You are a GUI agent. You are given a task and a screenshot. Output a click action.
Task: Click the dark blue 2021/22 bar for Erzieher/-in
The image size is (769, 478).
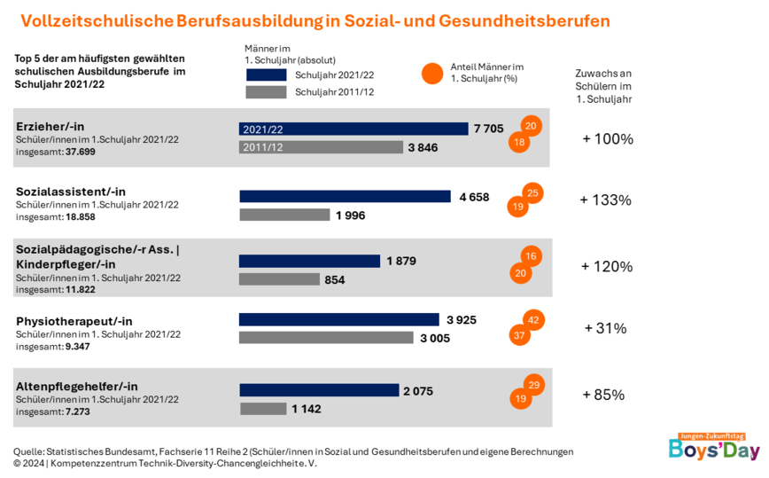tap(353, 129)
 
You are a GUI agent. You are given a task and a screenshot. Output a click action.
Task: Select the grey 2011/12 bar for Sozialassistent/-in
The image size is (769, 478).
tap(284, 215)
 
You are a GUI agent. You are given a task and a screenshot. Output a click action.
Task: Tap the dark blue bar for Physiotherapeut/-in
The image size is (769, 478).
tap(339, 319)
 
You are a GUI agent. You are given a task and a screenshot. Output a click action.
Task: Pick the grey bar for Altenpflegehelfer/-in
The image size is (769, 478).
tap(263, 409)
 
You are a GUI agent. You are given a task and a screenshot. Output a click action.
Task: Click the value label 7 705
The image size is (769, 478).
tap(488, 129)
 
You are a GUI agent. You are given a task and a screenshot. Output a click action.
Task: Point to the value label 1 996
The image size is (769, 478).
tap(350, 215)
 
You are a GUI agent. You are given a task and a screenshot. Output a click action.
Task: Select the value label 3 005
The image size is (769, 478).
tap(436, 338)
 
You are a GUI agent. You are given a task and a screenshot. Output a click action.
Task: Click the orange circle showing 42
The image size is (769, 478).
tap(533, 320)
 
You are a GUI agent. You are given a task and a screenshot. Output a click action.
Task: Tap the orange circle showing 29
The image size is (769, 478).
tap(533, 385)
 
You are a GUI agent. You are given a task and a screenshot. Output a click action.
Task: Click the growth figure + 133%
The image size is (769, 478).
tap(605, 200)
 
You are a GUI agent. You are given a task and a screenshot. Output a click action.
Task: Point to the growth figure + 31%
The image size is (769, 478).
tap(605, 328)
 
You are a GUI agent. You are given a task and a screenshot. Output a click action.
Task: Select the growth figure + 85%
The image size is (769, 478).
tap(603, 395)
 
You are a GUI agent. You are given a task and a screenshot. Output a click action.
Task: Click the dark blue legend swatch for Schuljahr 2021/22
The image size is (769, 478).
tap(266, 74)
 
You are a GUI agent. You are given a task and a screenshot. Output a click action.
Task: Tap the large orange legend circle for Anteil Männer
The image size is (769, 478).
tap(432, 74)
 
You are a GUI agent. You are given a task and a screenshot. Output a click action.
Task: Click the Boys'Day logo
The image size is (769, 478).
tap(714, 448)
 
